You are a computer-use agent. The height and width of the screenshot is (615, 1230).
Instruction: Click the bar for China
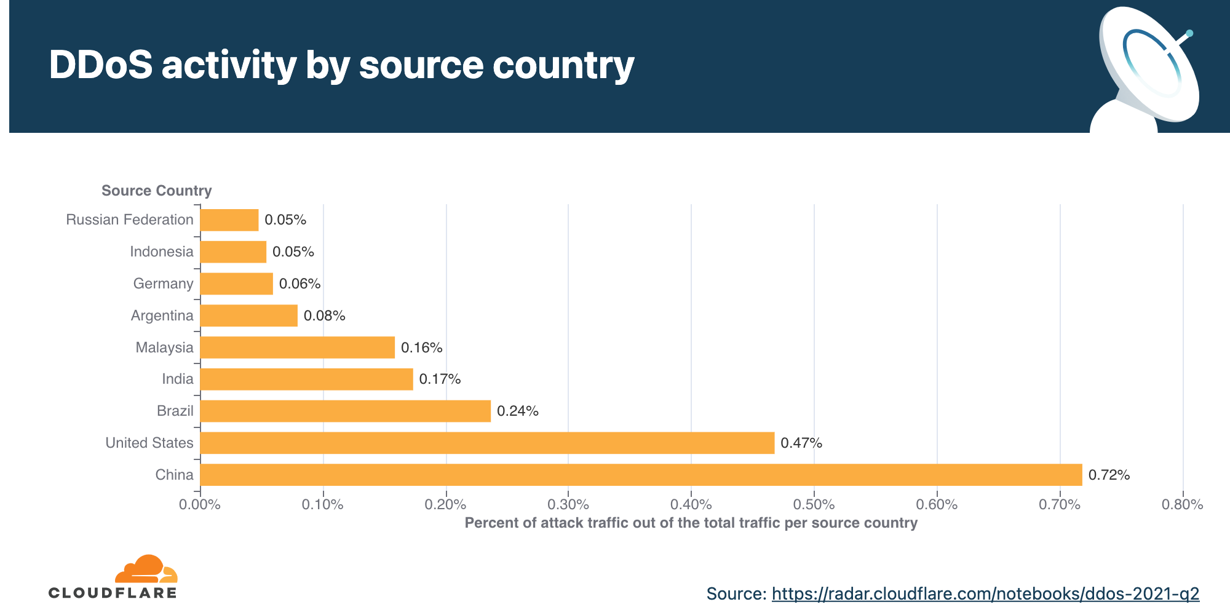coord(641,475)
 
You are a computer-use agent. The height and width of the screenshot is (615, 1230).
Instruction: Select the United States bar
coord(487,443)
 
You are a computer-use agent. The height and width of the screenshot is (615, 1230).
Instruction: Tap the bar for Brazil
coord(346,411)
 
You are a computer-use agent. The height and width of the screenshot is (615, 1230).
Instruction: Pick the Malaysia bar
coord(298,347)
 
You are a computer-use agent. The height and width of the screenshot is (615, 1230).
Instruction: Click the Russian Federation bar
coord(229,220)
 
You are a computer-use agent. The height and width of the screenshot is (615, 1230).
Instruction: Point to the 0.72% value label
coord(1109,475)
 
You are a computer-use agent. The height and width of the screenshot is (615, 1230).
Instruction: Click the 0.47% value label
coord(801,443)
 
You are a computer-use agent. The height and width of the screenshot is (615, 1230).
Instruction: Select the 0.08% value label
coord(324,316)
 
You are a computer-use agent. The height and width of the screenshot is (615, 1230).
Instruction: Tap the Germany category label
coord(163,284)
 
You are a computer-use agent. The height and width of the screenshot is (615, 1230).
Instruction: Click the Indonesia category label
coord(162,252)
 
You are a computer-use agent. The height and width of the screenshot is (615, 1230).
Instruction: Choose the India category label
coord(178,379)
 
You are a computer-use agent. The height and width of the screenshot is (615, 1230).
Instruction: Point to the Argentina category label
coord(162,315)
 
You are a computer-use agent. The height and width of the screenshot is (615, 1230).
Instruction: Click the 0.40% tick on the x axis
coord(691,505)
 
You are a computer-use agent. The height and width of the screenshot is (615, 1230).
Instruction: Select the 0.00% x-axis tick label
coord(200,505)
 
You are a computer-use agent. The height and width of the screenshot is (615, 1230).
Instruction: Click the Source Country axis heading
coord(157,191)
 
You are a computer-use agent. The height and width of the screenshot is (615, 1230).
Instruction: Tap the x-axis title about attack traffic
coord(691,523)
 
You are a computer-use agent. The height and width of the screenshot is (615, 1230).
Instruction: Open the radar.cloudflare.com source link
coord(985,593)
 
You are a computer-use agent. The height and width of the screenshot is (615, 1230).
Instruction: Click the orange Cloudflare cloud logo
coord(146,569)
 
